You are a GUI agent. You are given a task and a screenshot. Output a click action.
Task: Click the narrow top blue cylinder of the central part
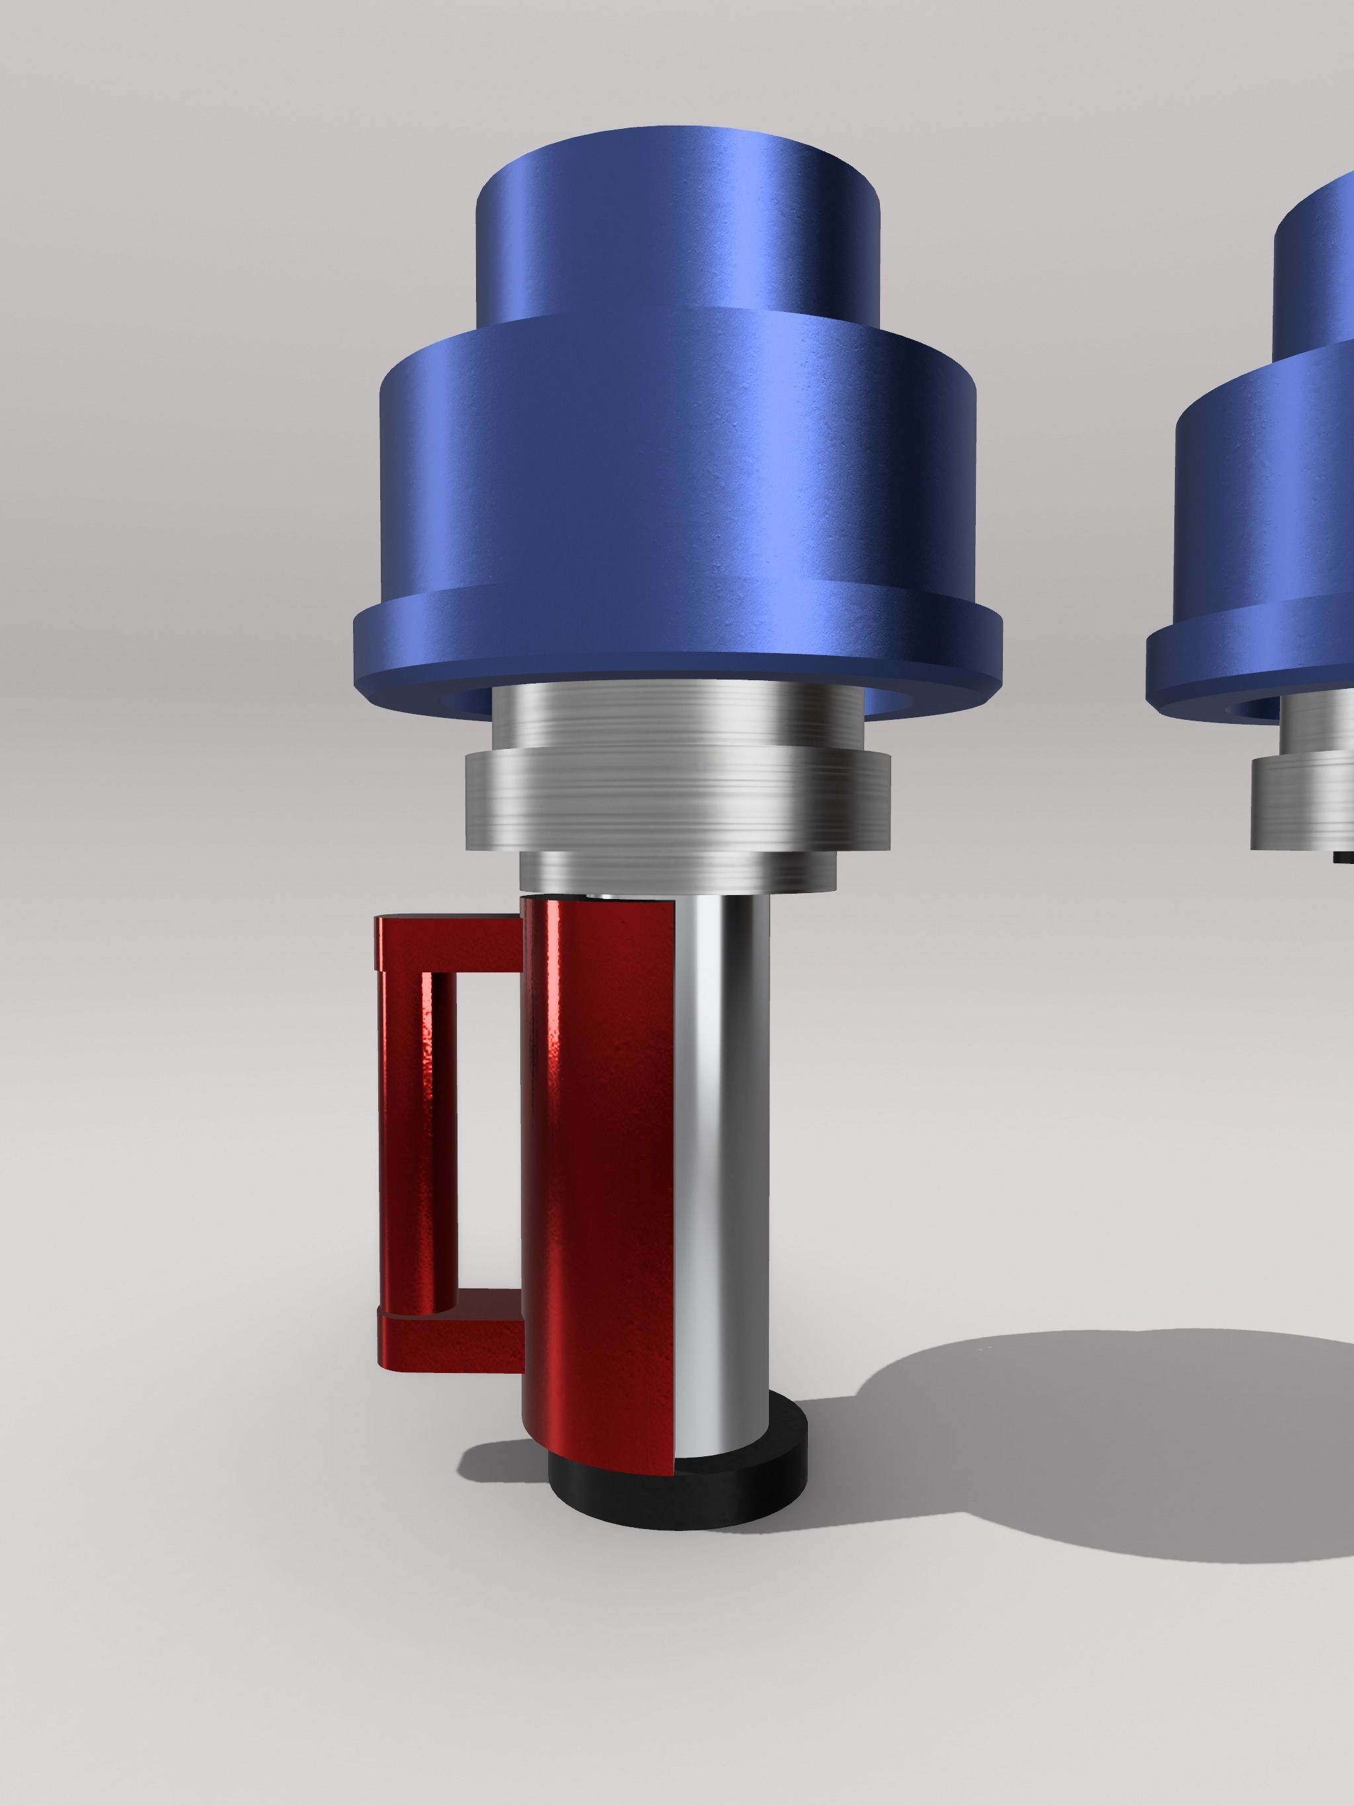click(x=678, y=237)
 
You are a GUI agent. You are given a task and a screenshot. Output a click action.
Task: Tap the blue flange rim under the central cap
click(x=678, y=653)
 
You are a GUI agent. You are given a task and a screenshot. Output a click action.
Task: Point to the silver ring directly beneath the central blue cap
click(x=678, y=715)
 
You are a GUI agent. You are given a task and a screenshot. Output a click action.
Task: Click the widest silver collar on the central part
click(x=678, y=800)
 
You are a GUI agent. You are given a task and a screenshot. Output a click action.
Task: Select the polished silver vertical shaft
click(x=723, y=1143)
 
